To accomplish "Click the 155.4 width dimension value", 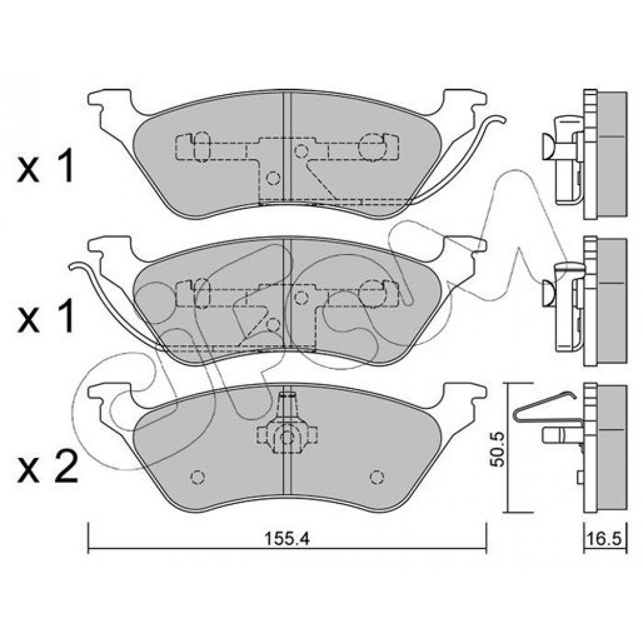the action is pyautogui.click(x=287, y=539).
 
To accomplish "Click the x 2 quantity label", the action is pyautogui.click(x=48, y=466).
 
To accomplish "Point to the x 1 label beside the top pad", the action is pyautogui.click(x=46, y=165).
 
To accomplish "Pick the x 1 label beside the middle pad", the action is pyautogui.click(x=46, y=315).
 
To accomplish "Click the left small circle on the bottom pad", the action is pyautogui.click(x=197, y=477).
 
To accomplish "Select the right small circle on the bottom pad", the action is pyautogui.click(x=376, y=477).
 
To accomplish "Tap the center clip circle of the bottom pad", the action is pyautogui.click(x=287, y=439).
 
